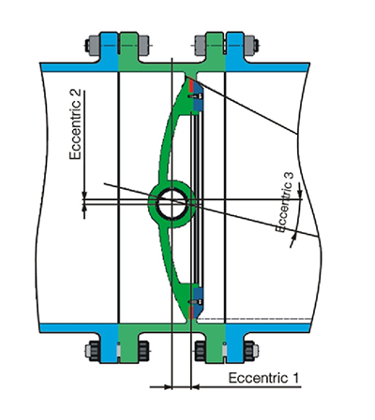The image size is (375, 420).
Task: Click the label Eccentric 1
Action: tap(263, 378)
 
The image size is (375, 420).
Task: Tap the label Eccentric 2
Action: tap(75, 124)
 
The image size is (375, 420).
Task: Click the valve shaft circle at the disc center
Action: tap(172, 204)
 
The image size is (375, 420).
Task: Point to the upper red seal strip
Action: tap(191, 85)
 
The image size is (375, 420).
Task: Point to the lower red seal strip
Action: tap(191, 313)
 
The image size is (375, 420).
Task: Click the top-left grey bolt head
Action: tap(93, 46)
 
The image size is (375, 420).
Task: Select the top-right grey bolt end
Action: tap(251, 45)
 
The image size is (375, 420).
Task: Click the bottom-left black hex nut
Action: tap(93, 351)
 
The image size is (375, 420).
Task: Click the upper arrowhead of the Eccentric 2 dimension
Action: tap(84, 195)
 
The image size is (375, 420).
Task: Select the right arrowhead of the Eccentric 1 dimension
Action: tap(195, 387)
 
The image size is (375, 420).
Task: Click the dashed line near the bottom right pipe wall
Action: tap(255, 319)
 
